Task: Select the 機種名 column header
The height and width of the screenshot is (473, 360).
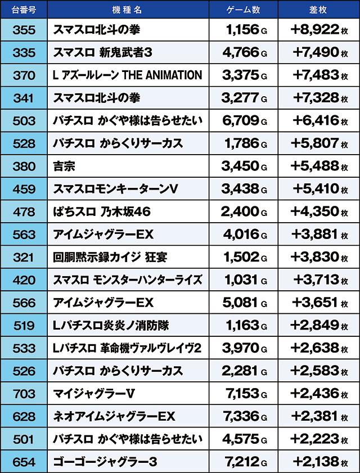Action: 128,10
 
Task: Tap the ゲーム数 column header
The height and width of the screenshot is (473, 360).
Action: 242,10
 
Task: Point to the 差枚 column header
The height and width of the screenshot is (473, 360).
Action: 318,10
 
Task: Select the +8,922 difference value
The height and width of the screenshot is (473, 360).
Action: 315,30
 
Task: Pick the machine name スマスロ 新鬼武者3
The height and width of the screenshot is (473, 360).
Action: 103,53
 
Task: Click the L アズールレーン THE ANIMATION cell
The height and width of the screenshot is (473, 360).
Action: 127,75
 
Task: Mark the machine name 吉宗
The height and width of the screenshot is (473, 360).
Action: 64,166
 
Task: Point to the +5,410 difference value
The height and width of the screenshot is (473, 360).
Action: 315,189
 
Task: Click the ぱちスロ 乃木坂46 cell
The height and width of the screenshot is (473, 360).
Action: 102,212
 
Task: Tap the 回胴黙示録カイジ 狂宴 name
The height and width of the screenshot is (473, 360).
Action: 110,257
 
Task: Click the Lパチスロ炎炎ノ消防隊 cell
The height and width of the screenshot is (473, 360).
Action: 110,325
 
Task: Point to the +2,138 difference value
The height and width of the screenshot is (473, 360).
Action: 315,462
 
